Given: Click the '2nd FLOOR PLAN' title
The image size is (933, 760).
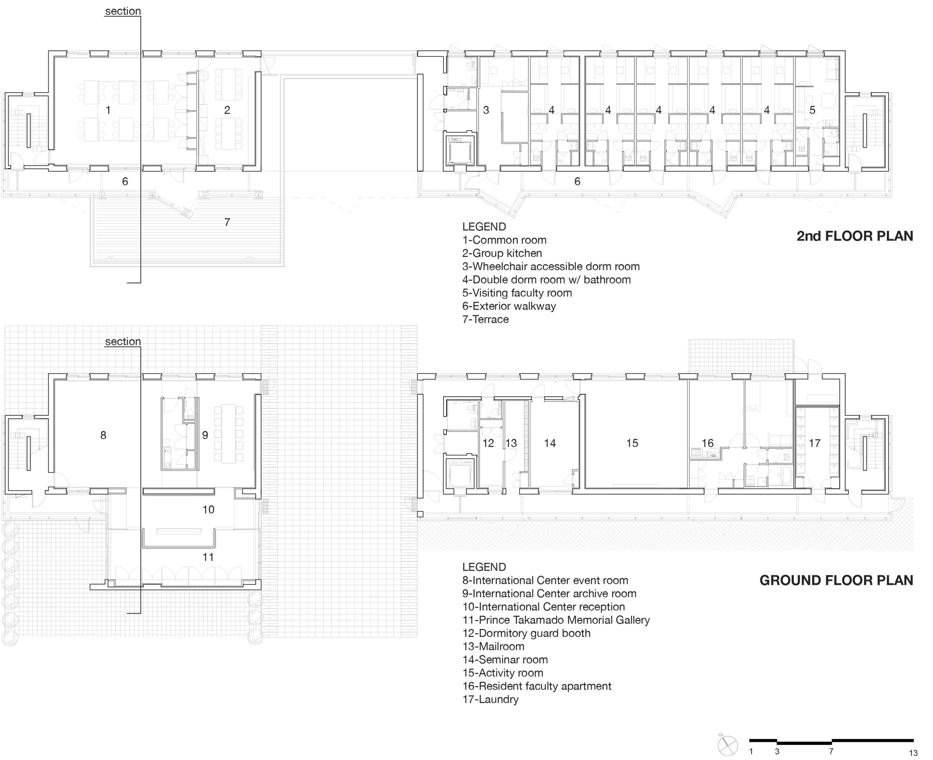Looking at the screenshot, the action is [x=855, y=236].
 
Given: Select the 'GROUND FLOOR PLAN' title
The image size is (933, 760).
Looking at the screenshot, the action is [x=836, y=580].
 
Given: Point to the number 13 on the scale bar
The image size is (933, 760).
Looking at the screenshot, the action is [x=913, y=753].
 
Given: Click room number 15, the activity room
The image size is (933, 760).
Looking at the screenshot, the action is [x=632, y=443].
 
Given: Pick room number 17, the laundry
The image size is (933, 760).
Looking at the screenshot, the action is [x=815, y=443].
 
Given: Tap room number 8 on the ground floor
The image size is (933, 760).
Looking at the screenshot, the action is [x=103, y=435].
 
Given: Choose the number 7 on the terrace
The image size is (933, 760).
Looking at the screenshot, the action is [x=227, y=222].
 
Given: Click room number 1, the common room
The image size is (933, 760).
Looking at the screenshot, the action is [x=108, y=110].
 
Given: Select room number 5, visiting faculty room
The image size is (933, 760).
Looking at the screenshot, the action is [x=812, y=110].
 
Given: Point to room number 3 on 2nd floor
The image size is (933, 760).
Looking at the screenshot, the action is [x=486, y=110].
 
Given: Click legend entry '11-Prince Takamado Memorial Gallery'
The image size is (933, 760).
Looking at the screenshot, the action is [x=556, y=620].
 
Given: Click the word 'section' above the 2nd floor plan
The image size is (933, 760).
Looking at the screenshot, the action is [x=123, y=11].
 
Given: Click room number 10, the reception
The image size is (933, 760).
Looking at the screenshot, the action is [x=208, y=510].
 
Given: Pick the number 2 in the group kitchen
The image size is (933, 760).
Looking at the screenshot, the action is [x=227, y=110].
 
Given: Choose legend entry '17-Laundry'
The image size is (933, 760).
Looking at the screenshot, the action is [x=490, y=699].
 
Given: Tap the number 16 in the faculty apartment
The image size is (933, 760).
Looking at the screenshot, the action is [x=708, y=443].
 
